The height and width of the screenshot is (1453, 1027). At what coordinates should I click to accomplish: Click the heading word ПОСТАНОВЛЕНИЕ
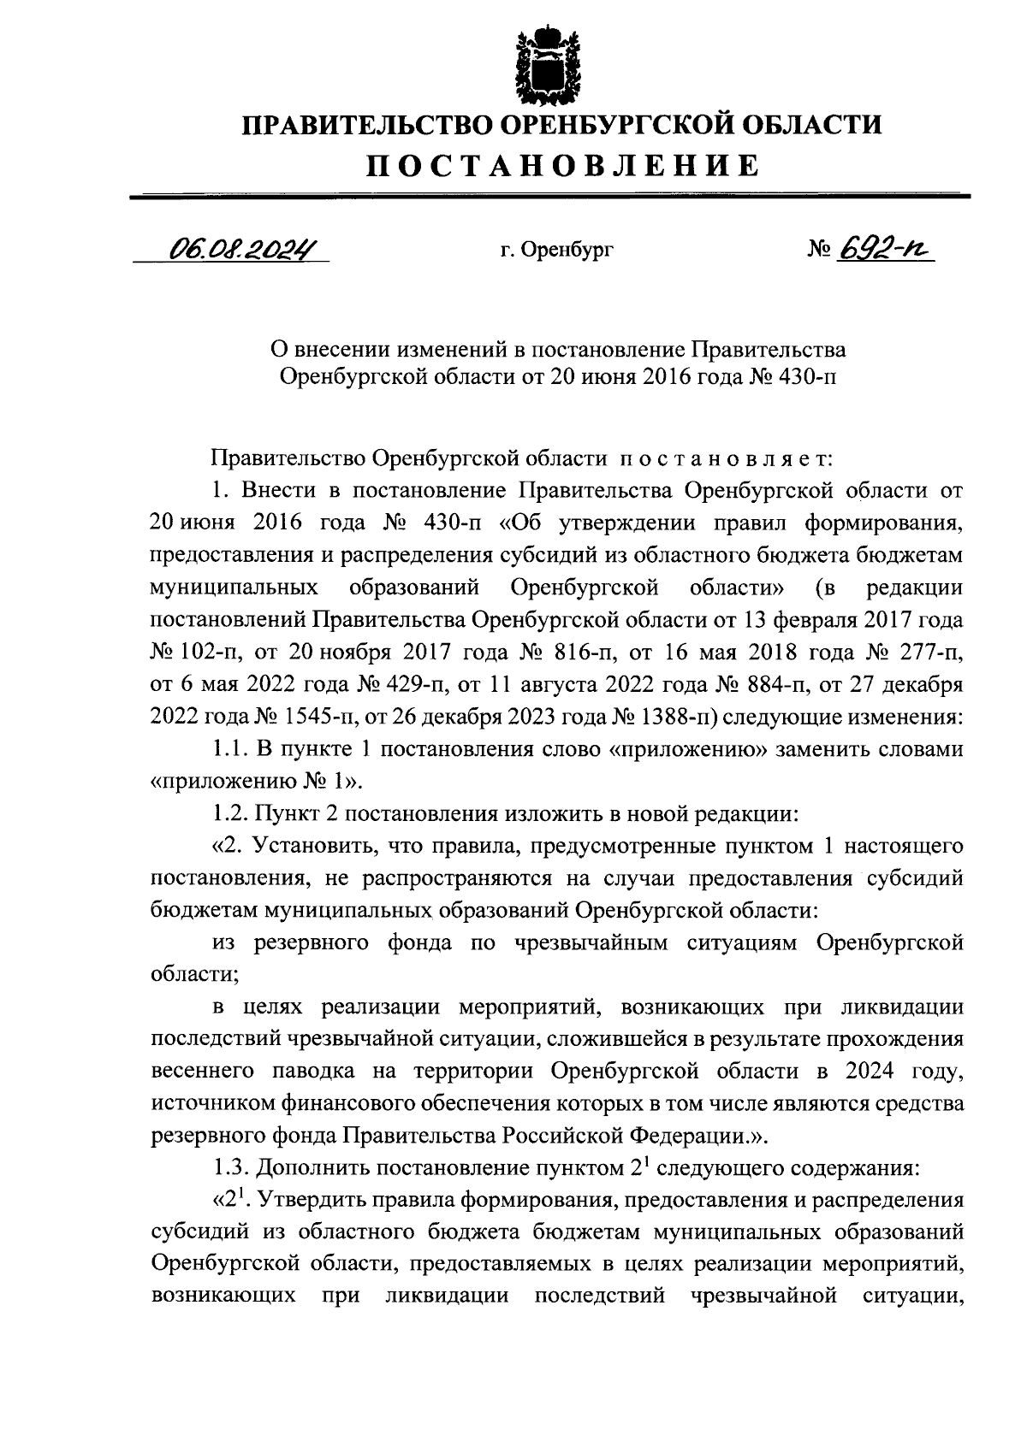pyautogui.click(x=563, y=165)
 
